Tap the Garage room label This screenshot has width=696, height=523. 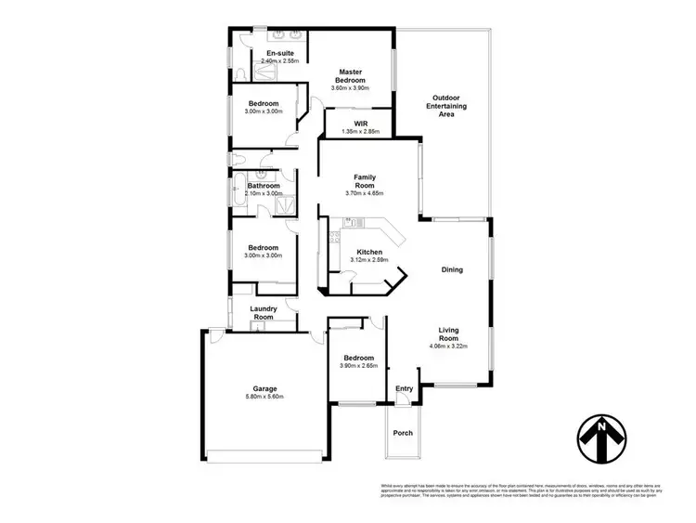tap(265, 388)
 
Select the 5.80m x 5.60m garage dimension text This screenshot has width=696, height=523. tap(265, 397)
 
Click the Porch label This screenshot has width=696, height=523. tap(403, 432)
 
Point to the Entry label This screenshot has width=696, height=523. tap(404, 388)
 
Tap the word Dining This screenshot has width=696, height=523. tap(452, 270)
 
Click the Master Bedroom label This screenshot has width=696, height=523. tap(350, 76)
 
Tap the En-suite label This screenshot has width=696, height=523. tap(280, 53)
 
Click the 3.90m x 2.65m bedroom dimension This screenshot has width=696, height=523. tap(358, 367)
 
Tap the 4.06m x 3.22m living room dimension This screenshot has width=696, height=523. tap(452, 346)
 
